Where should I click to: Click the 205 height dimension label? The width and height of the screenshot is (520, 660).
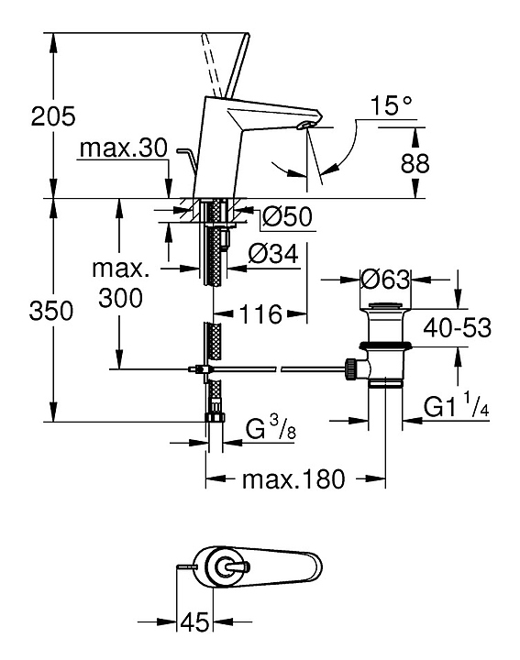click(x=53, y=116)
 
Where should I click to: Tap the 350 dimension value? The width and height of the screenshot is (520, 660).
click(x=51, y=312)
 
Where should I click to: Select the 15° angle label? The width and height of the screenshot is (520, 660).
click(x=392, y=105)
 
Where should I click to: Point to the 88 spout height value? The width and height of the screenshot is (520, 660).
click(x=415, y=163)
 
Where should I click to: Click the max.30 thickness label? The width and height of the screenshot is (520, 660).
click(x=124, y=148)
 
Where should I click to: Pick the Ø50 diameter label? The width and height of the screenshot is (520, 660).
click(x=287, y=217)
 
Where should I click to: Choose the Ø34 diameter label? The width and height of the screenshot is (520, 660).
click(x=273, y=254)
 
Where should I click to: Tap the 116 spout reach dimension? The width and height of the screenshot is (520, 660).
click(x=260, y=314)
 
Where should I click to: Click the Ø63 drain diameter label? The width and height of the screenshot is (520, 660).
click(x=385, y=279)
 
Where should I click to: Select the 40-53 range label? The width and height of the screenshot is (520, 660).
click(x=458, y=328)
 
